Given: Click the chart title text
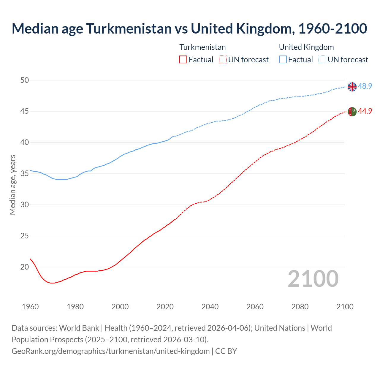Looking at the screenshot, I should click(189, 28).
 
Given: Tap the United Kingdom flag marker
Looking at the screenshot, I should click(352, 87).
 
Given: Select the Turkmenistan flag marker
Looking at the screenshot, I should click(352, 112).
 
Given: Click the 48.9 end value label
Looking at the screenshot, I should click(365, 86).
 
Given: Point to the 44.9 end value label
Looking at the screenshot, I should click(365, 111).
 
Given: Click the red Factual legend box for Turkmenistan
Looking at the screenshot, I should click(183, 60).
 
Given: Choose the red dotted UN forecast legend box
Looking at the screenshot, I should click(223, 60).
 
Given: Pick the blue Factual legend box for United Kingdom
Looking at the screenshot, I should click(283, 60).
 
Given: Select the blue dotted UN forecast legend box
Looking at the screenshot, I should click(322, 60).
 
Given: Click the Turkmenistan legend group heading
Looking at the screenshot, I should click(202, 47).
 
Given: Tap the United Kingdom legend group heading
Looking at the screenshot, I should click(306, 47).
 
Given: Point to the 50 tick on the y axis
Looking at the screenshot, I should click(25, 80).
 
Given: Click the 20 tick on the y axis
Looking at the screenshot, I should click(25, 267).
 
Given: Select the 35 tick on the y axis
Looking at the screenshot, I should click(25, 174).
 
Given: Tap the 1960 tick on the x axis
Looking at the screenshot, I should click(30, 307).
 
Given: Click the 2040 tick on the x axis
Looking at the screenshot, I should click(210, 307).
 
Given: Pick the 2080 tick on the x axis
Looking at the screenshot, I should click(300, 307).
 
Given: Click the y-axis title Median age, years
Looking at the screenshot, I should click(12, 185).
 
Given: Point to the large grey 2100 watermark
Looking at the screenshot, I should click(313, 278).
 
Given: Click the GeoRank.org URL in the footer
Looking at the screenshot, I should click(110, 351).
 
